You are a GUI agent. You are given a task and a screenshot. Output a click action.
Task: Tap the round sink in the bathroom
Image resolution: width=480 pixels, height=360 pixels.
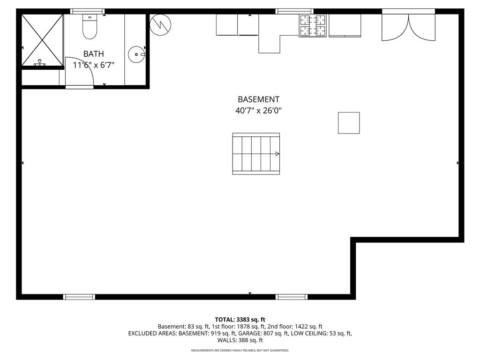[136, 54]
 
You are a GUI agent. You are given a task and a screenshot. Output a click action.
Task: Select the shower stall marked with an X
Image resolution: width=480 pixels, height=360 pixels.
[42, 40]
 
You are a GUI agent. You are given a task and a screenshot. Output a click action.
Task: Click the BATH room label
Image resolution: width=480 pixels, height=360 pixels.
[94, 54]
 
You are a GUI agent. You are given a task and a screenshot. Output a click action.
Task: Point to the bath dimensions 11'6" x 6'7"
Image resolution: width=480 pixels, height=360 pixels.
[94, 65]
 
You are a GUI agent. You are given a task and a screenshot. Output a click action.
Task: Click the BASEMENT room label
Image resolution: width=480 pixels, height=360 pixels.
[259, 99]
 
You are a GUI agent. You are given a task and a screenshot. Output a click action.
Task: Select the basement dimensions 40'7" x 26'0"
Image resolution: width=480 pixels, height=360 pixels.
[259, 111]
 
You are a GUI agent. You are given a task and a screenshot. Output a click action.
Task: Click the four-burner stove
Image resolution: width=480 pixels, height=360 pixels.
[313, 26]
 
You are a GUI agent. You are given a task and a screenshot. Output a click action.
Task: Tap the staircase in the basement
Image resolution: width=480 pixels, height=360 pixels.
[256, 154]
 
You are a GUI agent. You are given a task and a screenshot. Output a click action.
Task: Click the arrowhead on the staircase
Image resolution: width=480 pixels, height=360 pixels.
[277, 154]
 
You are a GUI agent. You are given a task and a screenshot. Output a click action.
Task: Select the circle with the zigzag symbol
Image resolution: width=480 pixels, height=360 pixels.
[160, 25]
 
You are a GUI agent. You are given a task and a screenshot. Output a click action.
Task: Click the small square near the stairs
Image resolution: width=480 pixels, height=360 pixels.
[349, 123]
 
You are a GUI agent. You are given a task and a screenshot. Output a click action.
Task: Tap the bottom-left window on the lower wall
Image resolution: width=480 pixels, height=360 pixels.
[79, 297]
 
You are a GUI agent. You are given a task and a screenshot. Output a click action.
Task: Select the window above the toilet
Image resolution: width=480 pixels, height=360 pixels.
[88, 12]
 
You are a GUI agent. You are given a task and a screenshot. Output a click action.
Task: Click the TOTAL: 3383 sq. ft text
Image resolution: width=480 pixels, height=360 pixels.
[240, 320]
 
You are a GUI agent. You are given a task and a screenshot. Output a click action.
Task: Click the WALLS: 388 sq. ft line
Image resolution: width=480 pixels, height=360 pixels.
[240, 340]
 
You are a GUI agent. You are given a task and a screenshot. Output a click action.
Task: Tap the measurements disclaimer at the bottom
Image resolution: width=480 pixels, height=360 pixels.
[240, 351]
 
